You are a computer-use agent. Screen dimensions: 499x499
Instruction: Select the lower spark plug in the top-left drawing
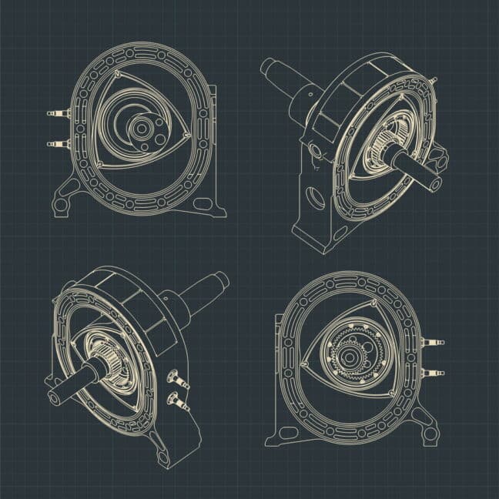click(56, 143)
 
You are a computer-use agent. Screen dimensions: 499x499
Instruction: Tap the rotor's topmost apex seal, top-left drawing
click(116, 73)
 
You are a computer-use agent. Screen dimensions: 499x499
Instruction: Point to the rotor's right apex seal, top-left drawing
click(188, 136)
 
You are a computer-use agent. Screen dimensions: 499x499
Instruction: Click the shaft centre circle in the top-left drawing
click(142, 129)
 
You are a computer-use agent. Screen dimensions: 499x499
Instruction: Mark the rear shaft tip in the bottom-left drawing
click(222, 278)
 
